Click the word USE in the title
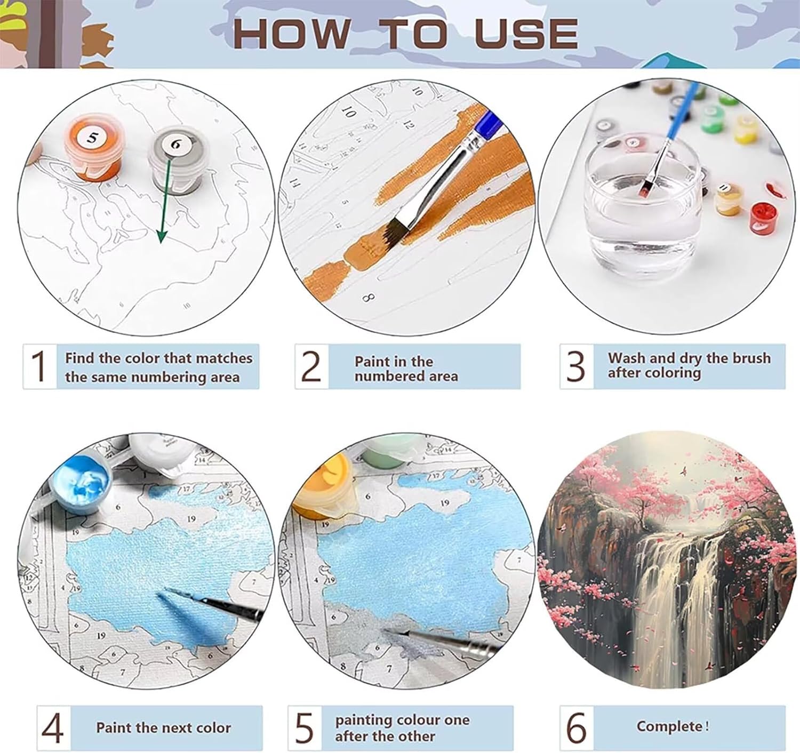pyautogui.click(x=526, y=34)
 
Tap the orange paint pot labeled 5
pyautogui.click(x=93, y=148)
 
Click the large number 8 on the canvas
pyautogui.click(x=368, y=299)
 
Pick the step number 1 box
pyautogui.click(x=40, y=366)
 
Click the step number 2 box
pyautogui.click(x=312, y=366)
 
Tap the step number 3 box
pyautogui.click(x=577, y=366)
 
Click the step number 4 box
pyautogui.click(x=53, y=727)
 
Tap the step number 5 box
pyautogui.click(x=305, y=727)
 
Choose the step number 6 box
pyautogui.click(x=577, y=727)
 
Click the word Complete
pyautogui.click(x=669, y=726)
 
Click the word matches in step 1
pyautogui.click(x=219, y=358)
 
